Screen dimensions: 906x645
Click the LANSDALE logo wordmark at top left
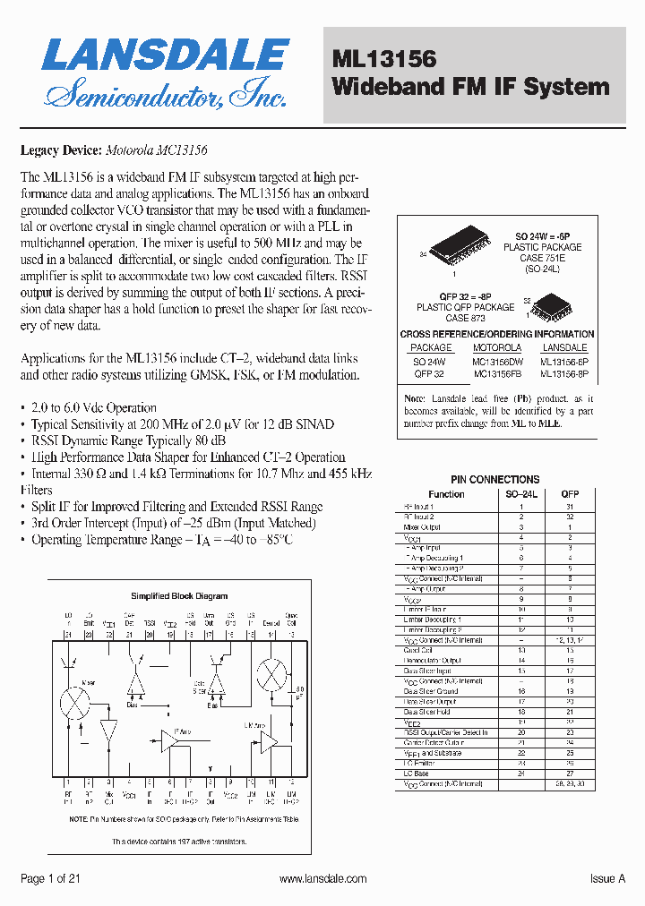(164, 56)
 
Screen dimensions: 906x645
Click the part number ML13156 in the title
(383, 59)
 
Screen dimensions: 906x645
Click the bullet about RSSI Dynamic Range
(128, 440)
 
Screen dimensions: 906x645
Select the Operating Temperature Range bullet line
(161, 540)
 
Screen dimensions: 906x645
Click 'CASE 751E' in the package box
(542, 258)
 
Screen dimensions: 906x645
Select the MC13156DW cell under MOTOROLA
(497, 361)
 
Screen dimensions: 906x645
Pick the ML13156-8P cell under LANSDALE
(564, 373)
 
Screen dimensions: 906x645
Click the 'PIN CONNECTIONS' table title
(495, 480)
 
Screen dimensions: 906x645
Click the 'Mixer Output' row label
(423, 527)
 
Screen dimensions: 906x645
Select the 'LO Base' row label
(417, 773)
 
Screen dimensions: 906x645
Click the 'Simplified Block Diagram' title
(179, 595)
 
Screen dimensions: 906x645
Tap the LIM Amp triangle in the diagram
(268, 741)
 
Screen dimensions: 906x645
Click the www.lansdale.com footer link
(322, 879)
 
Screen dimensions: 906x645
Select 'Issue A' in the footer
(607, 879)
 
